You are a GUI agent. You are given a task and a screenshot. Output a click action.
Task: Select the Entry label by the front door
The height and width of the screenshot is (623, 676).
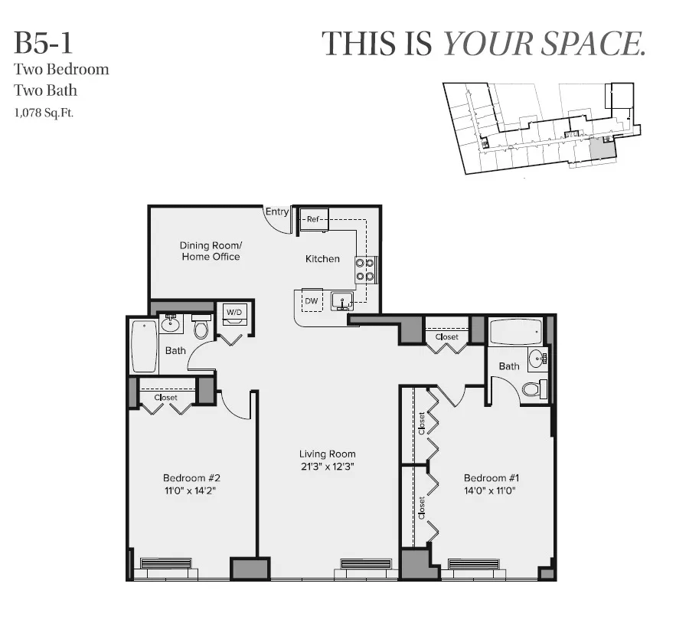click(x=277, y=212)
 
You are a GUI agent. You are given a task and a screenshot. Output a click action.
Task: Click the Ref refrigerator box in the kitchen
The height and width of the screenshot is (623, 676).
click(x=313, y=218)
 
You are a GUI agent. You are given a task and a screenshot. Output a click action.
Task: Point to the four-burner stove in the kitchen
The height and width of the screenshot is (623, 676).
click(x=365, y=270)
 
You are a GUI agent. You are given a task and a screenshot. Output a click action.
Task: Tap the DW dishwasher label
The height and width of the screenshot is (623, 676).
click(x=312, y=301)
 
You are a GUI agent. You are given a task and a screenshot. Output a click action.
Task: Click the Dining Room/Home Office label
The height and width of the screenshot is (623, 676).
click(x=211, y=251)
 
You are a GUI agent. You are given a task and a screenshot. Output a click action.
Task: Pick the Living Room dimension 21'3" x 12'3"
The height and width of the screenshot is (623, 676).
click(x=328, y=466)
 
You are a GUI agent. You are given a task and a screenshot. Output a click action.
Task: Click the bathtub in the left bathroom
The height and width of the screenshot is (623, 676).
click(x=144, y=346)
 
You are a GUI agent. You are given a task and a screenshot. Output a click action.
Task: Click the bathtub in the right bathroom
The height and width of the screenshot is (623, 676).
click(x=515, y=333)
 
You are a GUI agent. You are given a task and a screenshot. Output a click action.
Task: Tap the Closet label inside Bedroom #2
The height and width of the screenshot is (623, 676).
click(x=166, y=398)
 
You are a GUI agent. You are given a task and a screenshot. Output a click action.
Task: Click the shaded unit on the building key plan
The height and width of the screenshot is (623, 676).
click(x=602, y=149)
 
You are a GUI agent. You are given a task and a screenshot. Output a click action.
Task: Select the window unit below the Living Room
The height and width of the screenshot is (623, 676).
click(x=365, y=565)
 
